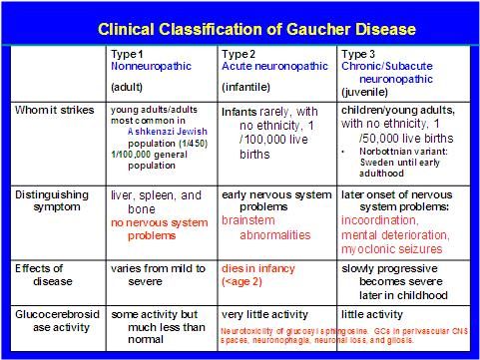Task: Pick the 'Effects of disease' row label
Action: pyautogui.click(x=53, y=267)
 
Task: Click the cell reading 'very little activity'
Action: pyautogui.click(x=264, y=314)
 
